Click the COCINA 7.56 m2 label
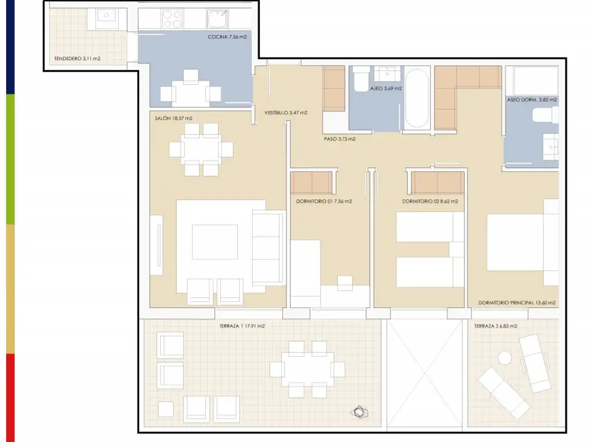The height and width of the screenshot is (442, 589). pos(227,37)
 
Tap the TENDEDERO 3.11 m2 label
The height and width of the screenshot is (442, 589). pos(78,59)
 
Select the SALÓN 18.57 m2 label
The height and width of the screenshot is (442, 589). pos(174,118)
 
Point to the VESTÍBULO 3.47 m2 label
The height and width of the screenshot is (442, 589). pos(286,113)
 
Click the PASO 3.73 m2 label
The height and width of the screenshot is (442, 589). pos(339,139)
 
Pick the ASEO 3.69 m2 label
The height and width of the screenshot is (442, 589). pos(386,89)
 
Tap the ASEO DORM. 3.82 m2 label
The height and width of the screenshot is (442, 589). pos(532,100)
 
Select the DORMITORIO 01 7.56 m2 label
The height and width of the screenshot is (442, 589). pos(324,201)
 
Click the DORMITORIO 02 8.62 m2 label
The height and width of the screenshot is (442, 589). pos(430,201)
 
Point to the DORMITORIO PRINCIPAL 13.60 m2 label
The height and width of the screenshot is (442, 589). pos(517,303)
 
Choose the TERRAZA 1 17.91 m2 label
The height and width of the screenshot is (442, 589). pos(242,326)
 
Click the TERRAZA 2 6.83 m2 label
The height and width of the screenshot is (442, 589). pos(496,326)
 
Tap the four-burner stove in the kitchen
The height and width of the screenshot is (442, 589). pos(173,19)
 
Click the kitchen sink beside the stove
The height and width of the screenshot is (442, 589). pos(217,19)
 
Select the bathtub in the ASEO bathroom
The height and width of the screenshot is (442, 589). pos(417,98)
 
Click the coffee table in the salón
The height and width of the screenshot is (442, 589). pos(215,242)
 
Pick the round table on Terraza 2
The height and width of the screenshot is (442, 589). pos(504,358)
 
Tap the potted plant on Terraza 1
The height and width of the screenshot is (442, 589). pos(359,412)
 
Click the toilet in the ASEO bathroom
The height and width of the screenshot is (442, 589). pos(362,79)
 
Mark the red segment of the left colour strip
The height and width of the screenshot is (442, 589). pos(10,398)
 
